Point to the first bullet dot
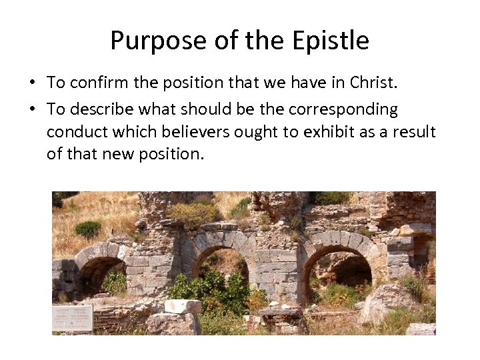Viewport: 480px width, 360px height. (x=31, y=83)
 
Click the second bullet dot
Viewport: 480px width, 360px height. (x=31, y=109)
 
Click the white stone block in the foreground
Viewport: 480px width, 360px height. (x=182, y=307)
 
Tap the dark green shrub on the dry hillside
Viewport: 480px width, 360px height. (x=88, y=229)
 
